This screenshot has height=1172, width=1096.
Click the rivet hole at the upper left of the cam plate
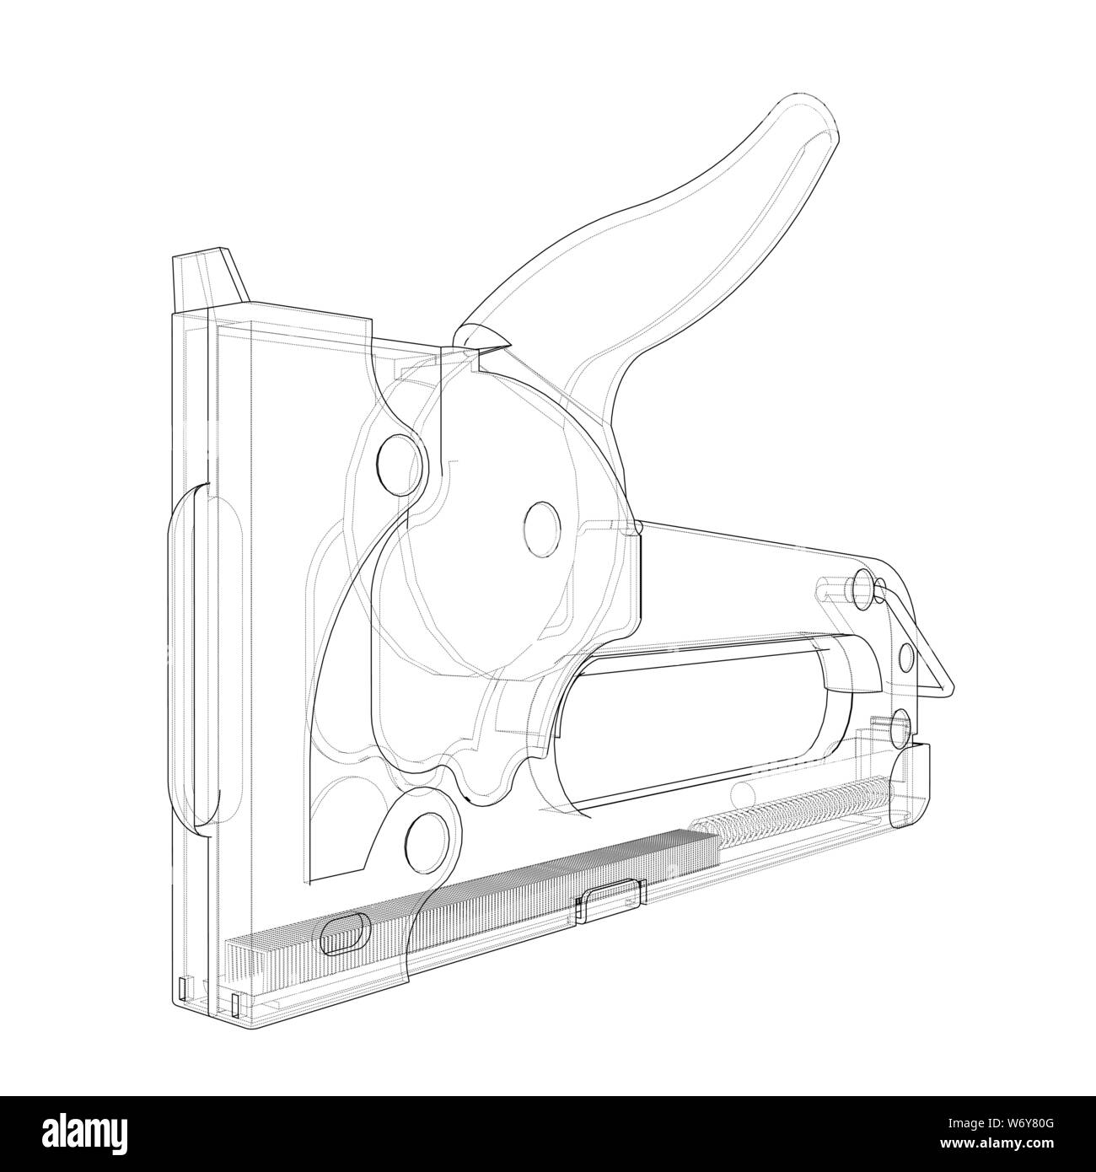(400, 460)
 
